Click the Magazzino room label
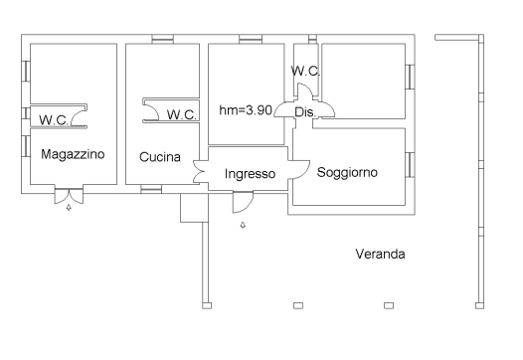(74, 155)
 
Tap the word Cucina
(159, 156)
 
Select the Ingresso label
(250, 174)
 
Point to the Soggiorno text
(347, 172)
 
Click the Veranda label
(380, 254)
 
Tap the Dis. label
(304, 112)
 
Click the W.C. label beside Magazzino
(53, 119)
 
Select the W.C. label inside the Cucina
(182, 114)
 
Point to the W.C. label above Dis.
(305, 71)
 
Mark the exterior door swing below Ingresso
(242, 203)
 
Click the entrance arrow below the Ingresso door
(243, 226)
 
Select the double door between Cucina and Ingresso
(200, 172)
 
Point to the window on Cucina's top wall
(160, 39)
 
